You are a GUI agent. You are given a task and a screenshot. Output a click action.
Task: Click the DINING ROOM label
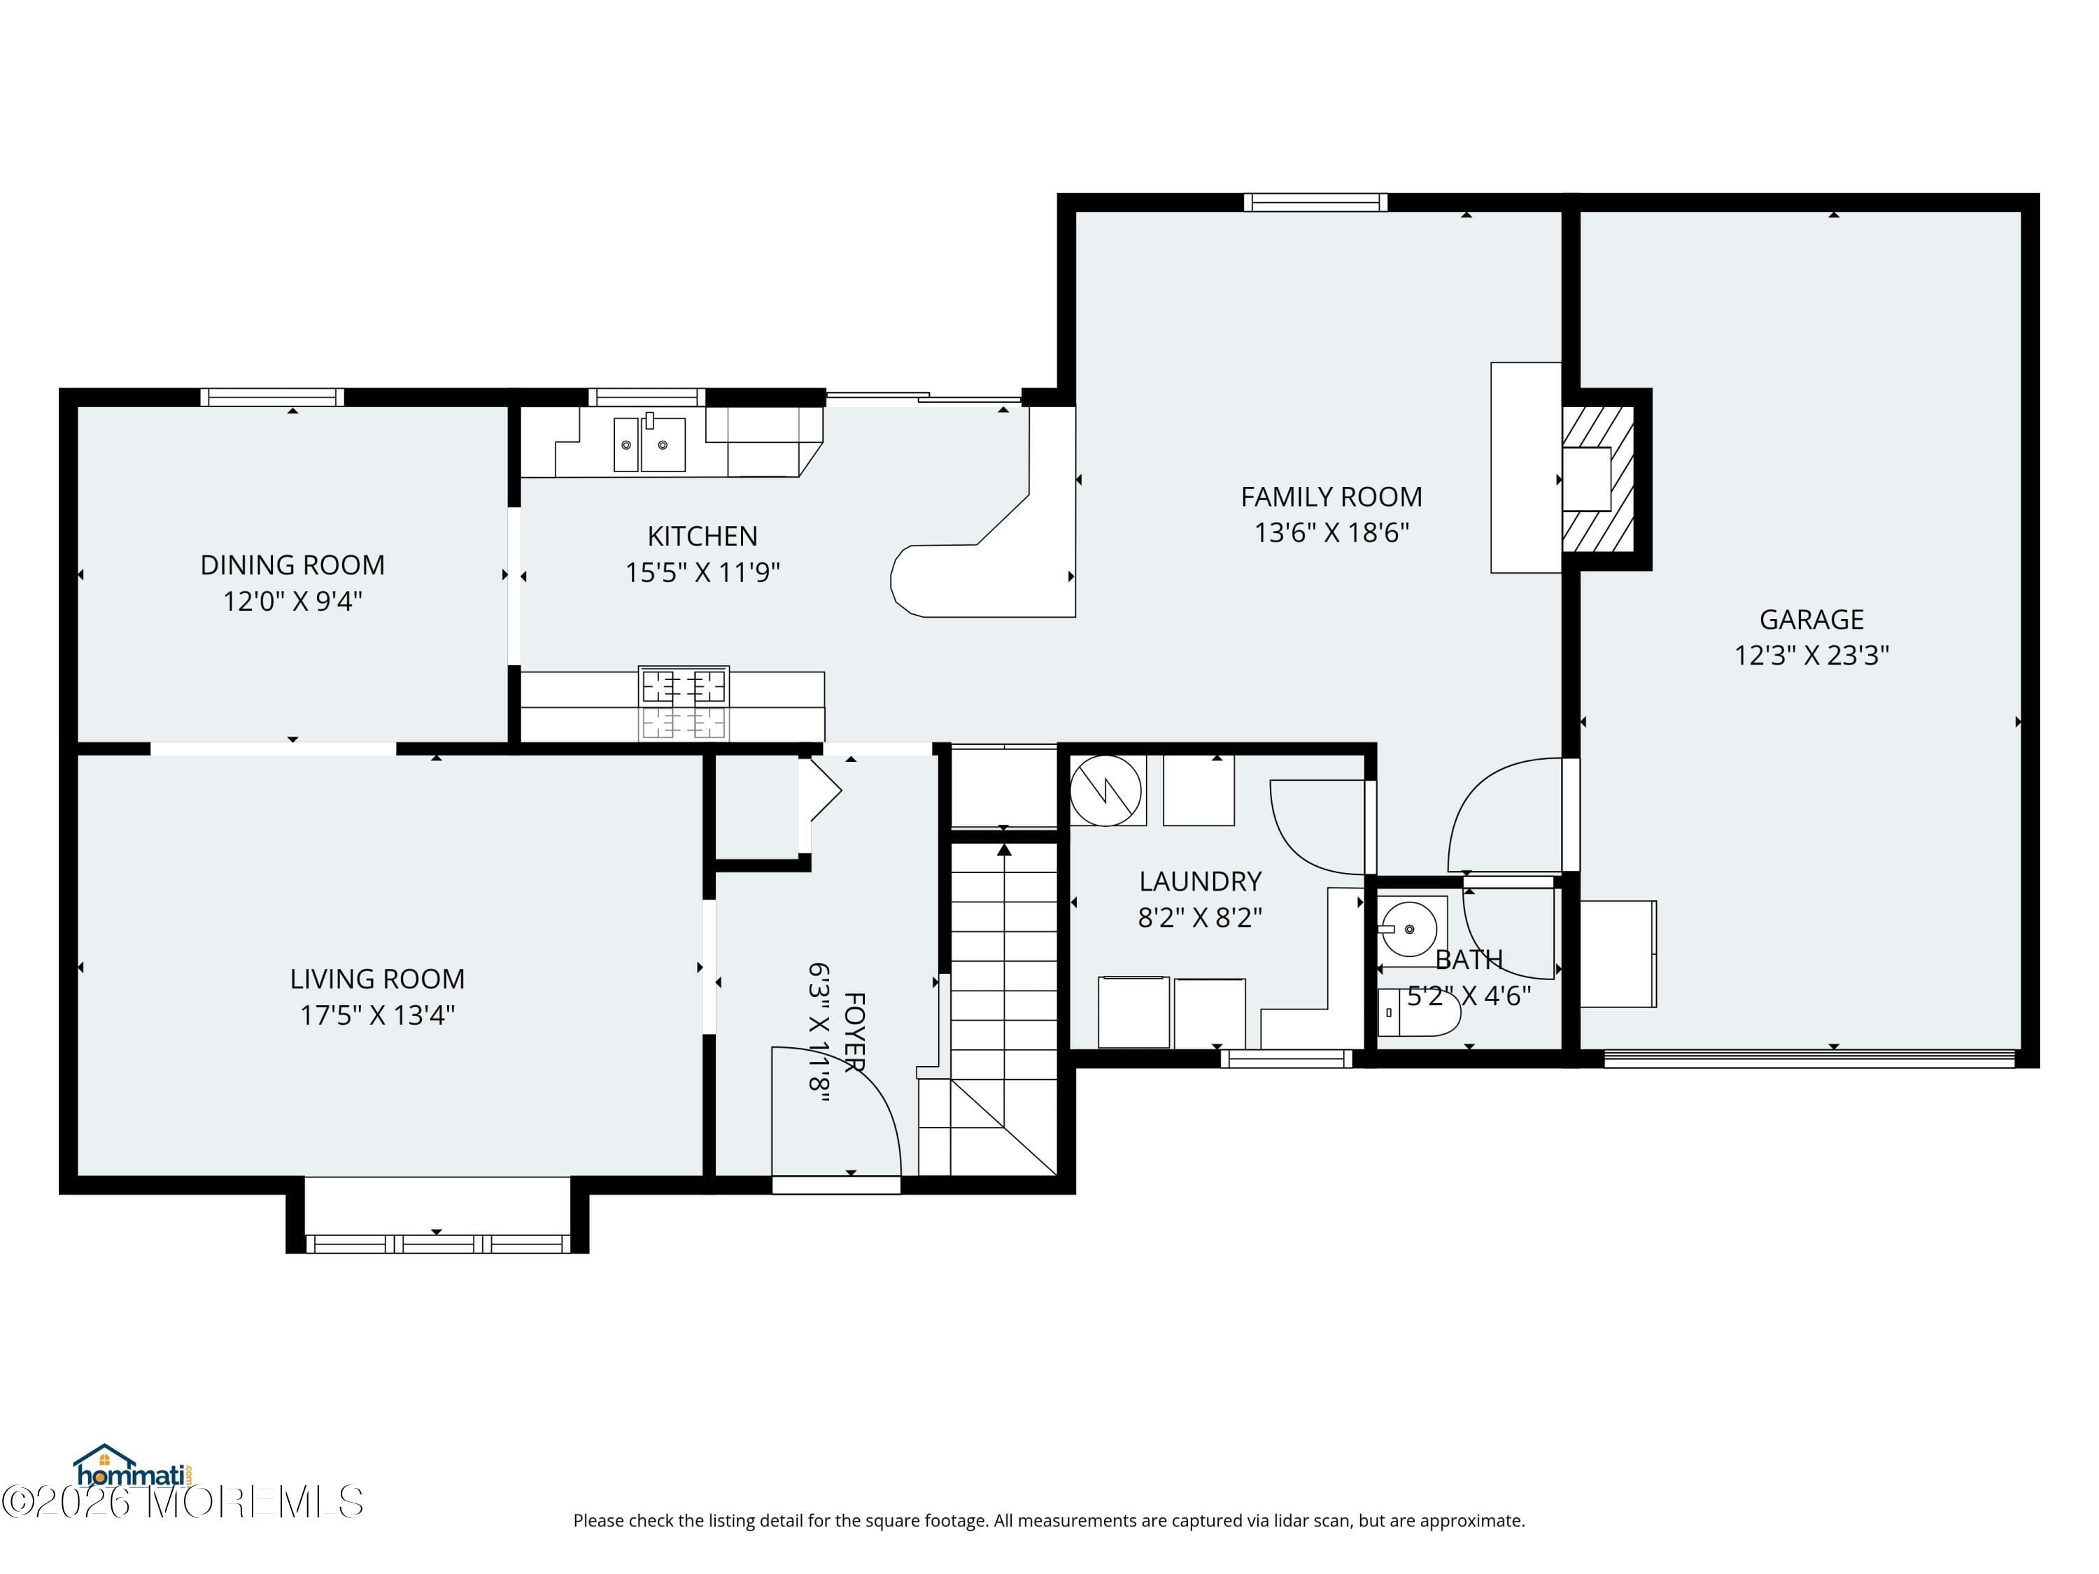292,565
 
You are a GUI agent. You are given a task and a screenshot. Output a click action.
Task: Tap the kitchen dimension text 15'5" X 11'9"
702,573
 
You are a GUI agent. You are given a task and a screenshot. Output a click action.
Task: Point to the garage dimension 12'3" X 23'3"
1811,655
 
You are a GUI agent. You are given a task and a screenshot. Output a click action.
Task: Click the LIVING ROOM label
376,979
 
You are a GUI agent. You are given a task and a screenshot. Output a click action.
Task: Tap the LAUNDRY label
1199,881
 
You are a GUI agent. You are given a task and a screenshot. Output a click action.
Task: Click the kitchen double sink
649,444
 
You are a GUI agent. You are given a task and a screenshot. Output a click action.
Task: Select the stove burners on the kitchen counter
683,703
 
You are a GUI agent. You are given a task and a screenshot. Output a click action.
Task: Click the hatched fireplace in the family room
1598,479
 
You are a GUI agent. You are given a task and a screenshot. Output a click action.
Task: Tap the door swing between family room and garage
1504,816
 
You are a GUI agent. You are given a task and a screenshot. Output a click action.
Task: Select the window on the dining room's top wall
271,397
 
